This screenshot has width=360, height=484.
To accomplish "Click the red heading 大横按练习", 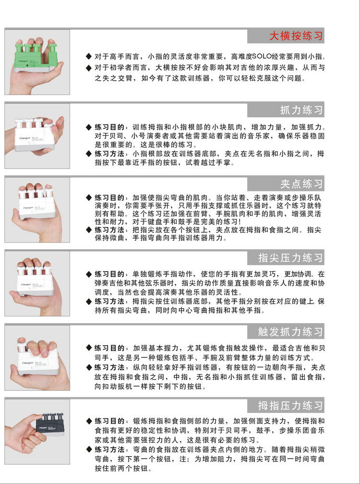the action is [x=296, y=36].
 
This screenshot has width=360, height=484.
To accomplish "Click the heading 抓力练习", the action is [x=301, y=110].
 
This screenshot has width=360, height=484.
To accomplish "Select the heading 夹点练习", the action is [x=301, y=184].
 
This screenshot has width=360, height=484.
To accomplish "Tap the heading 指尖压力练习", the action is [x=290, y=258].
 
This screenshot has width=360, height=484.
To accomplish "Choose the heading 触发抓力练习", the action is [x=290, y=332].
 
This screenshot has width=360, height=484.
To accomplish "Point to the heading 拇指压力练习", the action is [x=290, y=406].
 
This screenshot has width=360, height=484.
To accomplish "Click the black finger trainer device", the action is [x=49, y=423].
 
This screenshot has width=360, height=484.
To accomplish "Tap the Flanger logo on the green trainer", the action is [x=24, y=61].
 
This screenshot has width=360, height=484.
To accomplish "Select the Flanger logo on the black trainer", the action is [x=43, y=428].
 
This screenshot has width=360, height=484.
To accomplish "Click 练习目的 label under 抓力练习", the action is [x=109, y=127].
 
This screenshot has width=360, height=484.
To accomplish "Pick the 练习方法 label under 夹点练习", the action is [x=109, y=230].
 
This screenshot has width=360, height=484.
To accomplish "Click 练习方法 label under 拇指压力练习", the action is [x=109, y=449].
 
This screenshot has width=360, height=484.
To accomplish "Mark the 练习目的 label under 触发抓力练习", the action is [x=109, y=348].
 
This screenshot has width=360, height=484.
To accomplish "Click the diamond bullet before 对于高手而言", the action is [x=89, y=57].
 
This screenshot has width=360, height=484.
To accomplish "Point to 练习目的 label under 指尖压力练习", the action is [x=109, y=274].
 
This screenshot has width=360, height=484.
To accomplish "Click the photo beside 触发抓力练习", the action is [x=37, y=358].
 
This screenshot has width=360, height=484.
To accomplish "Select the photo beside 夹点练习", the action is [x=37, y=210].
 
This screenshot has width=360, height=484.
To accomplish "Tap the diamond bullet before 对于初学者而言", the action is [x=89, y=68].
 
